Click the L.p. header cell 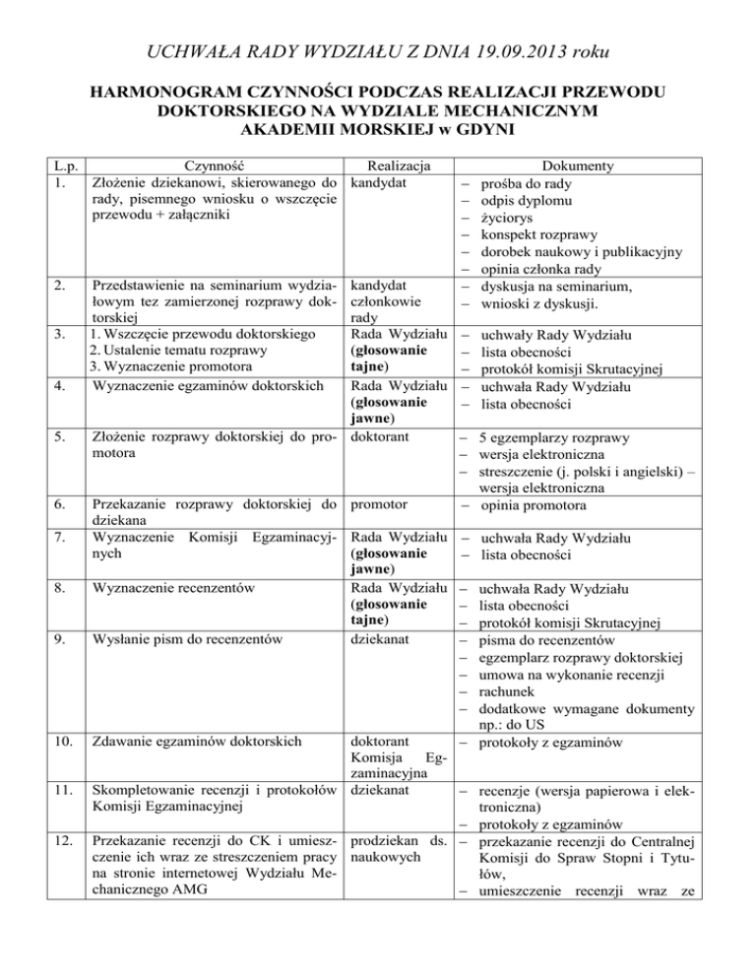(41, 166)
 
